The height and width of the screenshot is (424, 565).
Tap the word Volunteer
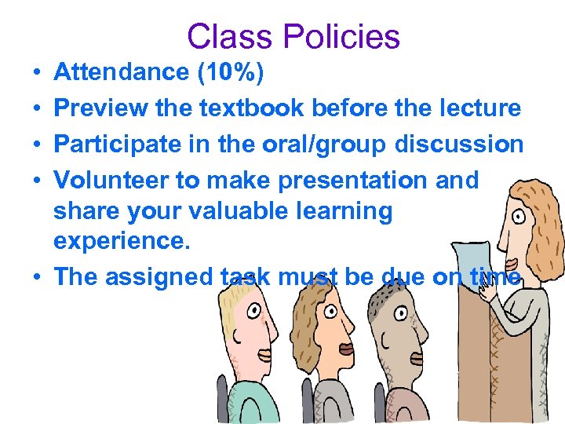pos(111,180)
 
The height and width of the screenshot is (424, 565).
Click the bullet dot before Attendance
pos(37,73)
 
